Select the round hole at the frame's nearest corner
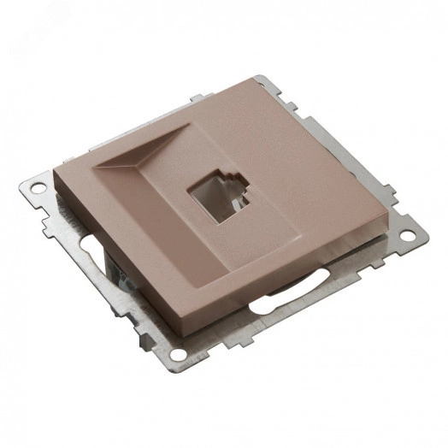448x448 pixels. pyautogui.click(x=178, y=353)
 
